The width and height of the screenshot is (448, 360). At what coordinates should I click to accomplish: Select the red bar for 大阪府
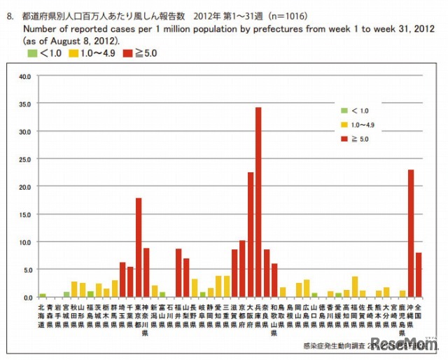pyautogui.click(x=250, y=235)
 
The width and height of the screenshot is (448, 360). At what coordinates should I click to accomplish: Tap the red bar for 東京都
pyautogui.click(x=139, y=247)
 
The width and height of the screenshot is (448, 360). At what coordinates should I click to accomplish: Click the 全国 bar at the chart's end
pyautogui.click(x=419, y=275)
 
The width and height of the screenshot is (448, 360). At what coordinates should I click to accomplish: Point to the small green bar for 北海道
pyautogui.click(x=43, y=295)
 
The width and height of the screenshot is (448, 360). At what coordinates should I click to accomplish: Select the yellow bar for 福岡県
pyautogui.click(x=354, y=286)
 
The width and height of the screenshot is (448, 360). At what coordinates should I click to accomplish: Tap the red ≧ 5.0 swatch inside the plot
pyautogui.click(x=344, y=139)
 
